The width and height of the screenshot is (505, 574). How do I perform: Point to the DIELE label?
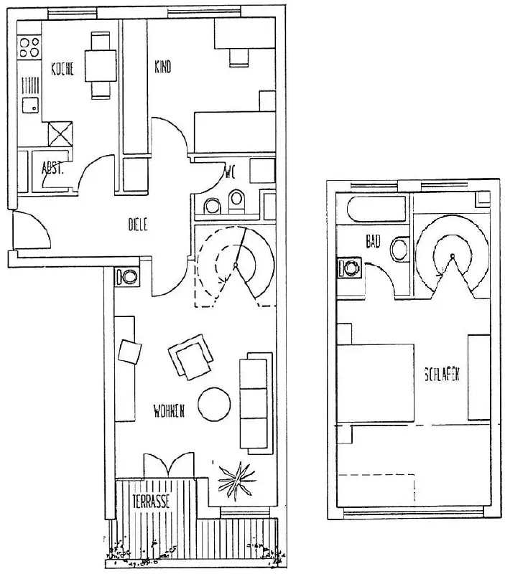[x=137, y=225]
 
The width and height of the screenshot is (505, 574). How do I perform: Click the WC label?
[x=230, y=173]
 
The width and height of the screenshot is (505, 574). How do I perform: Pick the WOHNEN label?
[x=170, y=411]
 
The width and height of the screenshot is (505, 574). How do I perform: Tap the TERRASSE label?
[x=150, y=502]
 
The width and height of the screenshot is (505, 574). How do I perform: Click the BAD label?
[x=373, y=243]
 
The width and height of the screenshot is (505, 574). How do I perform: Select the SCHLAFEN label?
[x=442, y=375]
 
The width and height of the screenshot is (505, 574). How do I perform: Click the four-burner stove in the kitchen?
[x=29, y=47]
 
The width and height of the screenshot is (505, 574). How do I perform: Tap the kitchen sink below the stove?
[x=29, y=105]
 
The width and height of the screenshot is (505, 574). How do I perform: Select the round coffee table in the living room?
[x=215, y=405]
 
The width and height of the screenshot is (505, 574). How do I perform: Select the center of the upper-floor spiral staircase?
[x=453, y=256]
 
